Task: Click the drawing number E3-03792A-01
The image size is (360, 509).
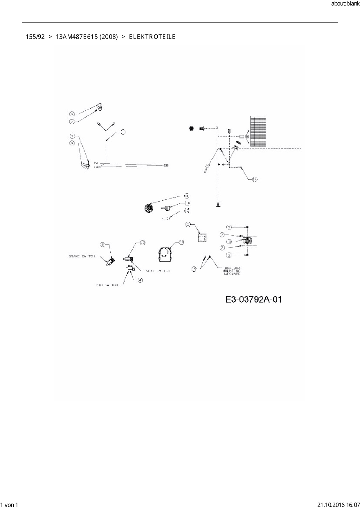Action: coord(253,299)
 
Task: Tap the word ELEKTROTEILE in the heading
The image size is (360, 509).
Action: coord(152,37)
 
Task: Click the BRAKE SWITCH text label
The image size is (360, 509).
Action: coord(82,256)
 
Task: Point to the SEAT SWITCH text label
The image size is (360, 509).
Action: coord(158,271)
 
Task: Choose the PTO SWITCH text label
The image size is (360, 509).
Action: coord(107,285)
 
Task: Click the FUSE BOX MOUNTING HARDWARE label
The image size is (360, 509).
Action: coord(231,271)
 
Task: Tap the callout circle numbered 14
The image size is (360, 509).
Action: coord(255,179)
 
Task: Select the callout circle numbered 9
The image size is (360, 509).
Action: coord(187,196)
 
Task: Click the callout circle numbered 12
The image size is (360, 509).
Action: coord(143,243)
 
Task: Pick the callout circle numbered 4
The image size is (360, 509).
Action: coord(141,280)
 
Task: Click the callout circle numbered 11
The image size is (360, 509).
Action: coord(187,203)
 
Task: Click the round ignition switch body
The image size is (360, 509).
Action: coord(149,208)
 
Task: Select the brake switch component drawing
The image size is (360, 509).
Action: coord(110,261)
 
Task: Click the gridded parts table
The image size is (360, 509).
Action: coord(258,131)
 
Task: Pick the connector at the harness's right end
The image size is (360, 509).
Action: coord(166,165)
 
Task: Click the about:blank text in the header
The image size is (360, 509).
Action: coord(345,4)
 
